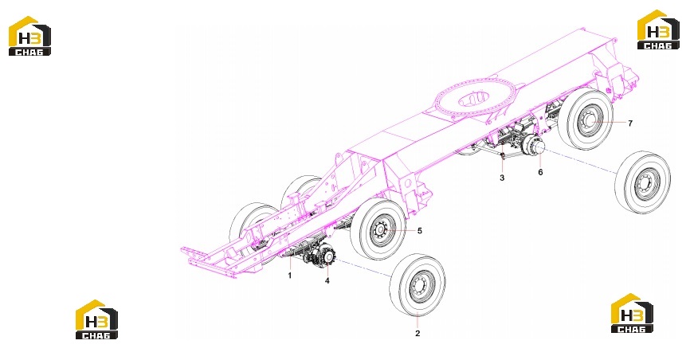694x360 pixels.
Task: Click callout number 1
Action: [290, 276]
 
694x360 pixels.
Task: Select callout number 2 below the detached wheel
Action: [418, 334]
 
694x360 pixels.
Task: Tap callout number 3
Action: [502, 178]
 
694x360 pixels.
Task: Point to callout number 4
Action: [327, 280]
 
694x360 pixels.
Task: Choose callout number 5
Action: [420, 231]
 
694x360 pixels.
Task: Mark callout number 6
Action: [540, 172]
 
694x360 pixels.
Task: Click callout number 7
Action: [630, 123]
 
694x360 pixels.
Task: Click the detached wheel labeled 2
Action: [418, 284]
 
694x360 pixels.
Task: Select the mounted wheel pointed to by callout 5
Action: [378, 229]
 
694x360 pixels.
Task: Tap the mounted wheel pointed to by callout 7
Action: [586, 119]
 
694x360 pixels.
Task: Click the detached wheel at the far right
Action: [643, 182]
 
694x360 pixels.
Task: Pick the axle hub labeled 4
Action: [327, 256]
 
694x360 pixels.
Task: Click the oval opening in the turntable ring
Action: [473, 98]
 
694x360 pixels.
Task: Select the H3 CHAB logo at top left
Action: [29, 36]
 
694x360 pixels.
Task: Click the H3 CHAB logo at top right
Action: [658, 29]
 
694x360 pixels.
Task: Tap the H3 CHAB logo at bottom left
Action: [96, 319]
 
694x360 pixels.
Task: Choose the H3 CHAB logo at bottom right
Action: [632, 313]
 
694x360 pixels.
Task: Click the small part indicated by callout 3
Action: [503, 155]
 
